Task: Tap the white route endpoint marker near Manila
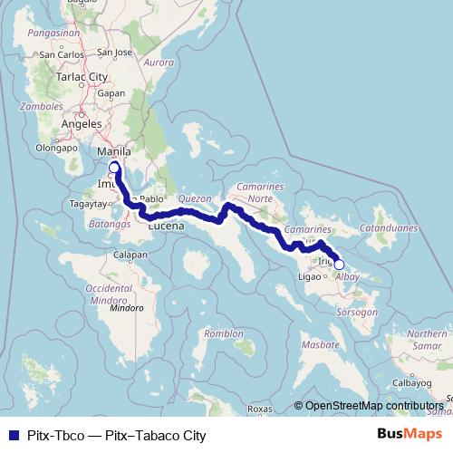(x=115, y=168)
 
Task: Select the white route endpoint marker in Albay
(x=340, y=265)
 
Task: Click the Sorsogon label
(x=358, y=312)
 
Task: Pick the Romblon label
(x=223, y=333)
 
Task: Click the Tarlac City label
(x=83, y=77)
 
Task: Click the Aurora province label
(x=158, y=63)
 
